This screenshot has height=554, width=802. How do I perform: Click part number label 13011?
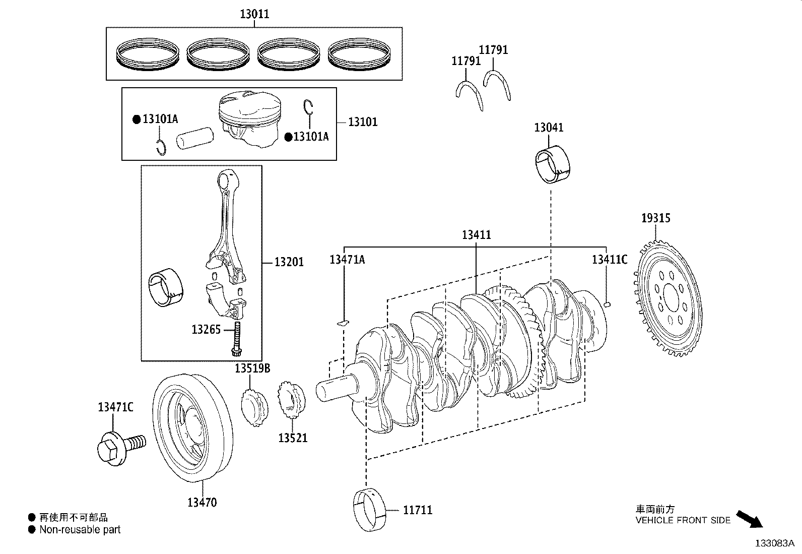pos(254,14)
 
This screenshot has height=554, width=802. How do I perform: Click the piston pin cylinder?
pos(195,139)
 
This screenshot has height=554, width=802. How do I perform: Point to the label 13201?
pos(289,262)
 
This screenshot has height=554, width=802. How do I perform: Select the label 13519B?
pos(252,369)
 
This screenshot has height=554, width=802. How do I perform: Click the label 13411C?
pos(609,260)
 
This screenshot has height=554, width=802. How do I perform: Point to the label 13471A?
pos(347,260)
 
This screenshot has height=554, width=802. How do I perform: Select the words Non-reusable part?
pos(80,530)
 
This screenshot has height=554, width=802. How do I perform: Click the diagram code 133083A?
pos(774,543)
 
